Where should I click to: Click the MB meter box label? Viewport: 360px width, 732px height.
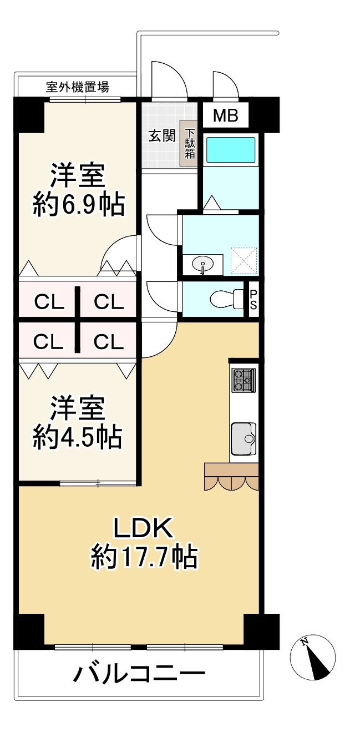click(226, 116)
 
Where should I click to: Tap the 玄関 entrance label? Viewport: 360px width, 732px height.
click(162, 135)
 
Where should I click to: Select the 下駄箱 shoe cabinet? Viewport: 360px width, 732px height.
click(190, 143)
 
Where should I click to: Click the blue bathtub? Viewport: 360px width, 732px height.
click(231, 150)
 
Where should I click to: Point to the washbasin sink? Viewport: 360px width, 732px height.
click(203, 264)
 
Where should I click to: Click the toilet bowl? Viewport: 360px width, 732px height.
click(224, 300)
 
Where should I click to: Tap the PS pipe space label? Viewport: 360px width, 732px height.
click(253, 300)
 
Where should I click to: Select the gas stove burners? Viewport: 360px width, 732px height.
click(243, 380)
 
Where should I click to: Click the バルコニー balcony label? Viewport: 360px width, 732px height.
click(139, 674)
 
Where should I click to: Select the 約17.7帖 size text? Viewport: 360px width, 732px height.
click(144, 556)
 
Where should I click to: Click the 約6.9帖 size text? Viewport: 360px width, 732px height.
click(78, 204)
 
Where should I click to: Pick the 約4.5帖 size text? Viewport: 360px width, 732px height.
click(78, 437)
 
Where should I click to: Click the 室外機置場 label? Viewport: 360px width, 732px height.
click(77, 87)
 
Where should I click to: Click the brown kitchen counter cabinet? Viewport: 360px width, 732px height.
click(231, 470)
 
